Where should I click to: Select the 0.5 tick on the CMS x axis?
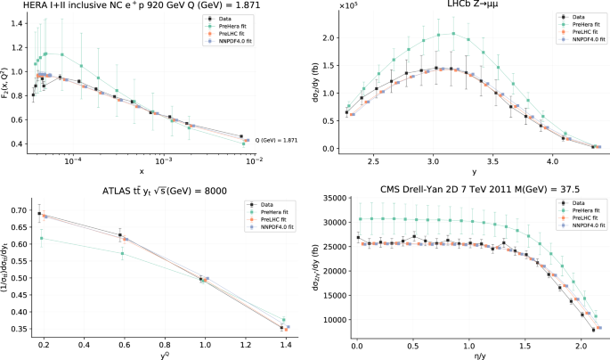(x=411, y=344)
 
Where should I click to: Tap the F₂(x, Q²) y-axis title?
(x=7, y=86)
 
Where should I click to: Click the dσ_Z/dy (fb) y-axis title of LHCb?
(x=318, y=86)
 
